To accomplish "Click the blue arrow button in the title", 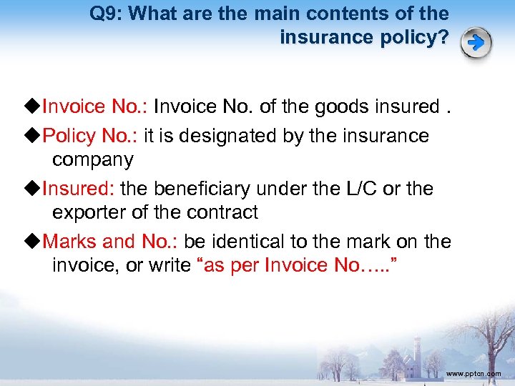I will (x=476, y=43).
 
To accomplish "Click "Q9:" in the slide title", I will (x=107, y=14).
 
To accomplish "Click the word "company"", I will (x=93, y=159).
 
